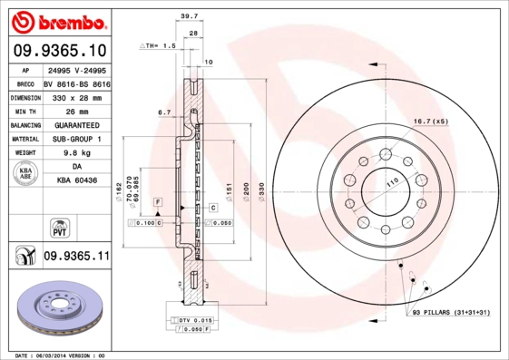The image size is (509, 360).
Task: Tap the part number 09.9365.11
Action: point(76,258)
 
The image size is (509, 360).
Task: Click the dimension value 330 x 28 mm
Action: point(76,95)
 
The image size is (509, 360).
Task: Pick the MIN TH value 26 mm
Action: point(76,111)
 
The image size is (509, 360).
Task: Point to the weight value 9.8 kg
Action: point(76,153)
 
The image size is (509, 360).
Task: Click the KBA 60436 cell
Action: point(76,181)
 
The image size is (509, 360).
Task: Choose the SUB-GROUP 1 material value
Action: point(76,139)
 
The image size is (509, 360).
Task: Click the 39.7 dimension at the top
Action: point(188,16)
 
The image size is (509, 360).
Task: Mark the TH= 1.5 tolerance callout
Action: point(159,44)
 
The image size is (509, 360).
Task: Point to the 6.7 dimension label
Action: point(164,112)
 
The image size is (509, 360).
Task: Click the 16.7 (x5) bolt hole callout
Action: point(431,121)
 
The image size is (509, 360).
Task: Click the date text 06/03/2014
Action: point(61,355)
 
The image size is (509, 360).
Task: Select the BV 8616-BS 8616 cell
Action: point(76,82)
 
